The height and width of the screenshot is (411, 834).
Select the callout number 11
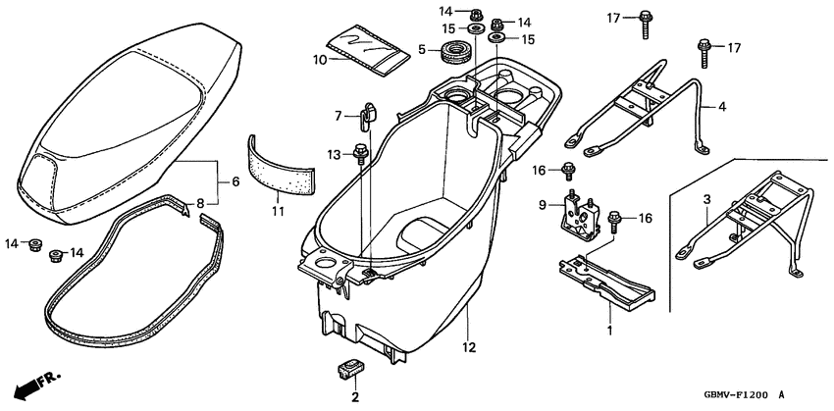click(277, 210)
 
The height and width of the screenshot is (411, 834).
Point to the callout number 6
click(235, 181)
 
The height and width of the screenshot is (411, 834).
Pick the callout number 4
click(723, 106)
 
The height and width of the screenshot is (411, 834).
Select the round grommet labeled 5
click(454, 52)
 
